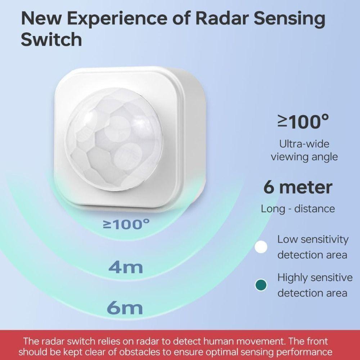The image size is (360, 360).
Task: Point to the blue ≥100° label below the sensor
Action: (x=126, y=225)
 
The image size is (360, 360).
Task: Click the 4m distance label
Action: (x=126, y=267)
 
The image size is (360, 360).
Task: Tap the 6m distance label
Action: (x=125, y=308)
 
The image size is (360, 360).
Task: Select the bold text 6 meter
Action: (x=298, y=188)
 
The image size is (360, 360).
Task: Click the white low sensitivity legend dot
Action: (x=261, y=247)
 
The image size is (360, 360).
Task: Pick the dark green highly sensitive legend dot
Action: (x=261, y=285)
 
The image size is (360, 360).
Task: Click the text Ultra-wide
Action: (x=304, y=144)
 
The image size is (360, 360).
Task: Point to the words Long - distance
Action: (x=298, y=208)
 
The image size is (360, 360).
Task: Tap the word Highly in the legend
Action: (x=292, y=278)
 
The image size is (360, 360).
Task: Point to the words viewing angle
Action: (x=304, y=157)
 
